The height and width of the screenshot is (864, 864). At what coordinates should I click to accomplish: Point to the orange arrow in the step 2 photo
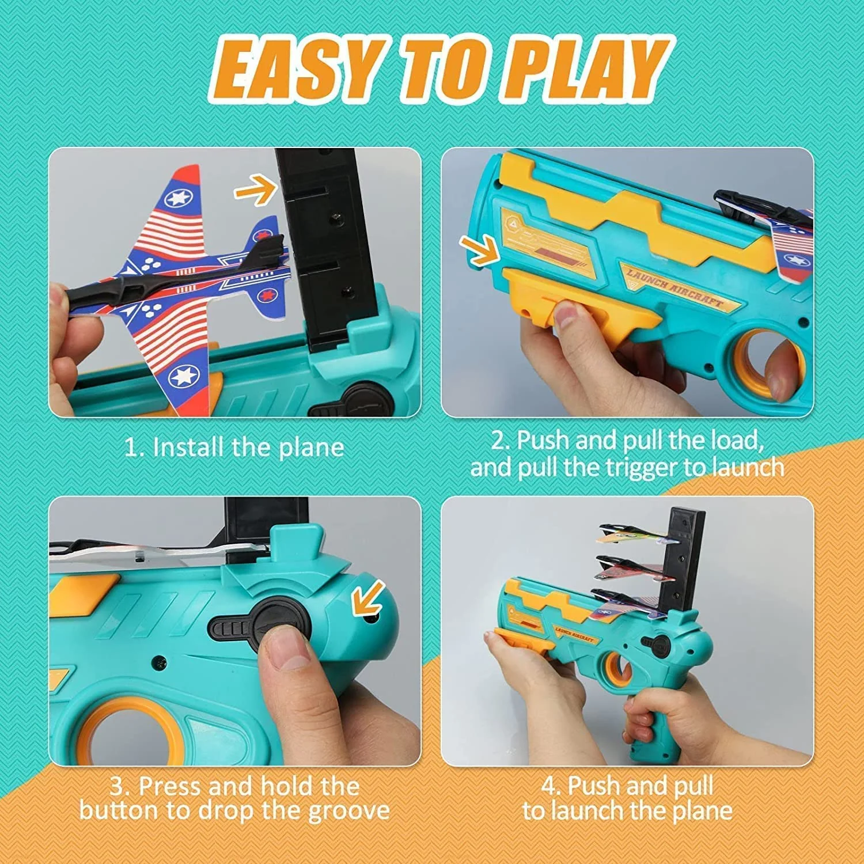coord(479,250)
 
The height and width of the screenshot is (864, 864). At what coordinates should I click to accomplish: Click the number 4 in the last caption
coord(548,786)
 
